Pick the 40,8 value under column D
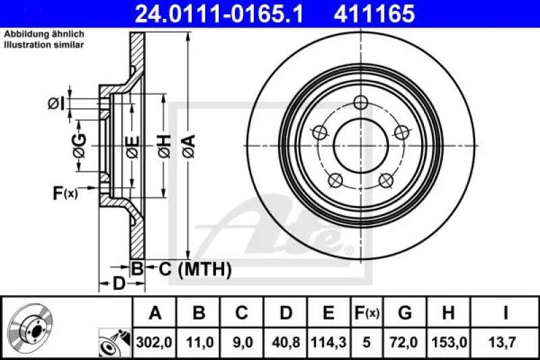coord(286,342)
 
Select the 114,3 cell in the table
coord(328,342)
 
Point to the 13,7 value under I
coord(506,342)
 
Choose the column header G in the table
coord(405,313)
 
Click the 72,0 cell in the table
coord(405,342)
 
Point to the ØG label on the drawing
coord(79,144)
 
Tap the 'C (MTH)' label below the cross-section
coord(195,269)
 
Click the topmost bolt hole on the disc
coord(361,103)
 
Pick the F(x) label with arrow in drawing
coord(65,193)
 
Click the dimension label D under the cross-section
coord(119,284)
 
